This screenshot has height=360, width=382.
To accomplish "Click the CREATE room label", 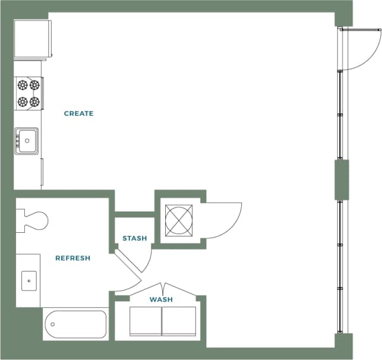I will pos(78,113).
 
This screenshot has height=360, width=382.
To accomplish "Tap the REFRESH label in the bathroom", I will pos(72,258).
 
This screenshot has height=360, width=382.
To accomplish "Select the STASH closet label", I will pos(134,238).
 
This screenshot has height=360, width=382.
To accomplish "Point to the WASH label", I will pos(161,299).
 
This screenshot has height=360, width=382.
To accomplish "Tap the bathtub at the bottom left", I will pos(75,324).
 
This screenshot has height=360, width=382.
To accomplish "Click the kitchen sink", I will pos(27,141).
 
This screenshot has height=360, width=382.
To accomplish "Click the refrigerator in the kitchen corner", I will pos(32,39).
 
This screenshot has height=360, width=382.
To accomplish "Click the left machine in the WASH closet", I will pos(146,321).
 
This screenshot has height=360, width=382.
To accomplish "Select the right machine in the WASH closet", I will pos(179,321).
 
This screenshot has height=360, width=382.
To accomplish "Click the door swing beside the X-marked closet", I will pos(223,220).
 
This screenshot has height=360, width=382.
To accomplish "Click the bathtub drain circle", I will pos(53,324).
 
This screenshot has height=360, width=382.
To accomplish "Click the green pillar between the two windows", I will pos(342,179).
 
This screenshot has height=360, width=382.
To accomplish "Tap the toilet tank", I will pos(20,220).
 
